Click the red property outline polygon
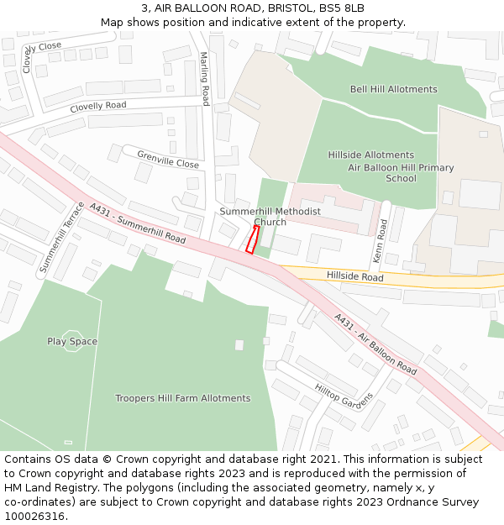251,239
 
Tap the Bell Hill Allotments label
393,89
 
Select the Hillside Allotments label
370,155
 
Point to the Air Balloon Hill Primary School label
401,173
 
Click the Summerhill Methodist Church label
270,217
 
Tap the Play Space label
72,342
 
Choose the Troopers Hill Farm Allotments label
182,398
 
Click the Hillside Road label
354,277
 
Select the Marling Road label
204,79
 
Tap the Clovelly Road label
98,107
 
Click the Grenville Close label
168,160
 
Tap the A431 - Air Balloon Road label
375,344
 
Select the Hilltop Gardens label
344,393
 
